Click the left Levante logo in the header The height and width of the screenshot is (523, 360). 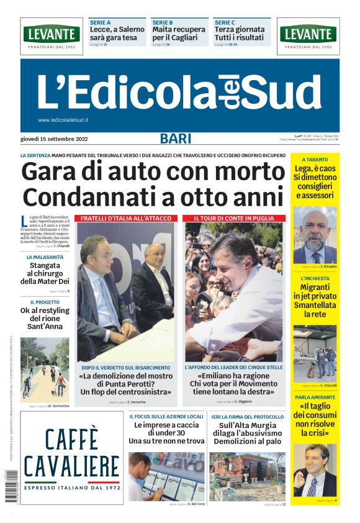[x=52, y=35]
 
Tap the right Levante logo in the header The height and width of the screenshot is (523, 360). [x=308, y=35]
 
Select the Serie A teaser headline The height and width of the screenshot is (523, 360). [x=117, y=33]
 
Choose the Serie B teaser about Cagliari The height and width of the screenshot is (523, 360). [x=179, y=33]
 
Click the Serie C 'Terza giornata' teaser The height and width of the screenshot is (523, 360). [x=241, y=33]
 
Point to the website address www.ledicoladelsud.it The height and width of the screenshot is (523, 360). [x=63, y=120]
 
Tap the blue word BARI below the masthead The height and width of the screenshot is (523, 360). [x=176, y=139]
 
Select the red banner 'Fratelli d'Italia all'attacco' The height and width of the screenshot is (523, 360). [x=125, y=219]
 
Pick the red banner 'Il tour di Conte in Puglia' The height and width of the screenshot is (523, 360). [x=234, y=219]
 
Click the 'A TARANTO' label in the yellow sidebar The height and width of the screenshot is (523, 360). [x=315, y=160]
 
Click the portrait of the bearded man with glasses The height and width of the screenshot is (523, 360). [x=315, y=235]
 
